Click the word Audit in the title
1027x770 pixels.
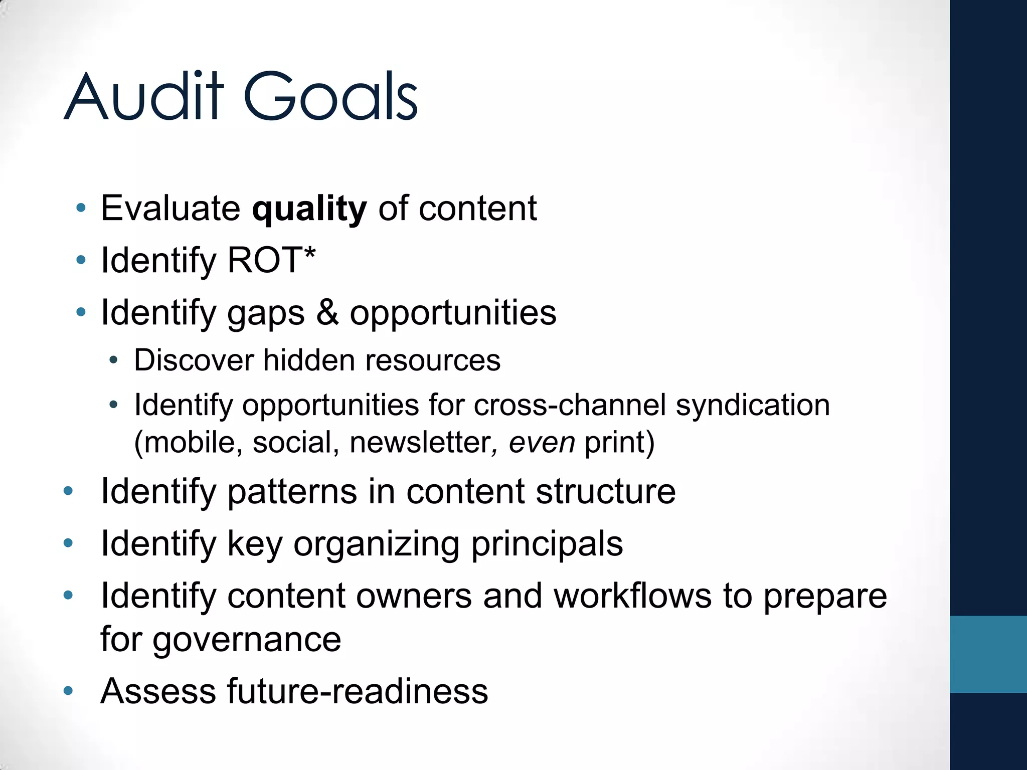click(x=143, y=96)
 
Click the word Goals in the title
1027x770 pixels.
click(x=330, y=96)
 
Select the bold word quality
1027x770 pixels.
click(x=309, y=209)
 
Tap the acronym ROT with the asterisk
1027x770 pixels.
click(x=271, y=260)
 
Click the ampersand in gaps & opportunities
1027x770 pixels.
click(x=327, y=312)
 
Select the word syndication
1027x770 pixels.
click(x=753, y=405)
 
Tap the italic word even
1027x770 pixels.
click(x=542, y=442)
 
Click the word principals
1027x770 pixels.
click(x=547, y=544)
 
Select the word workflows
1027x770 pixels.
click(x=632, y=596)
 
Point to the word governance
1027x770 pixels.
click(x=247, y=640)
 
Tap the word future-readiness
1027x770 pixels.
click(x=357, y=691)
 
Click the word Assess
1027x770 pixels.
click(x=158, y=691)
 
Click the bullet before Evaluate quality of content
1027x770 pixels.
click(x=81, y=208)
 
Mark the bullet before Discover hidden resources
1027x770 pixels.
click(x=114, y=360)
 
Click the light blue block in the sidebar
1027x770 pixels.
click(x=988, y=654)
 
